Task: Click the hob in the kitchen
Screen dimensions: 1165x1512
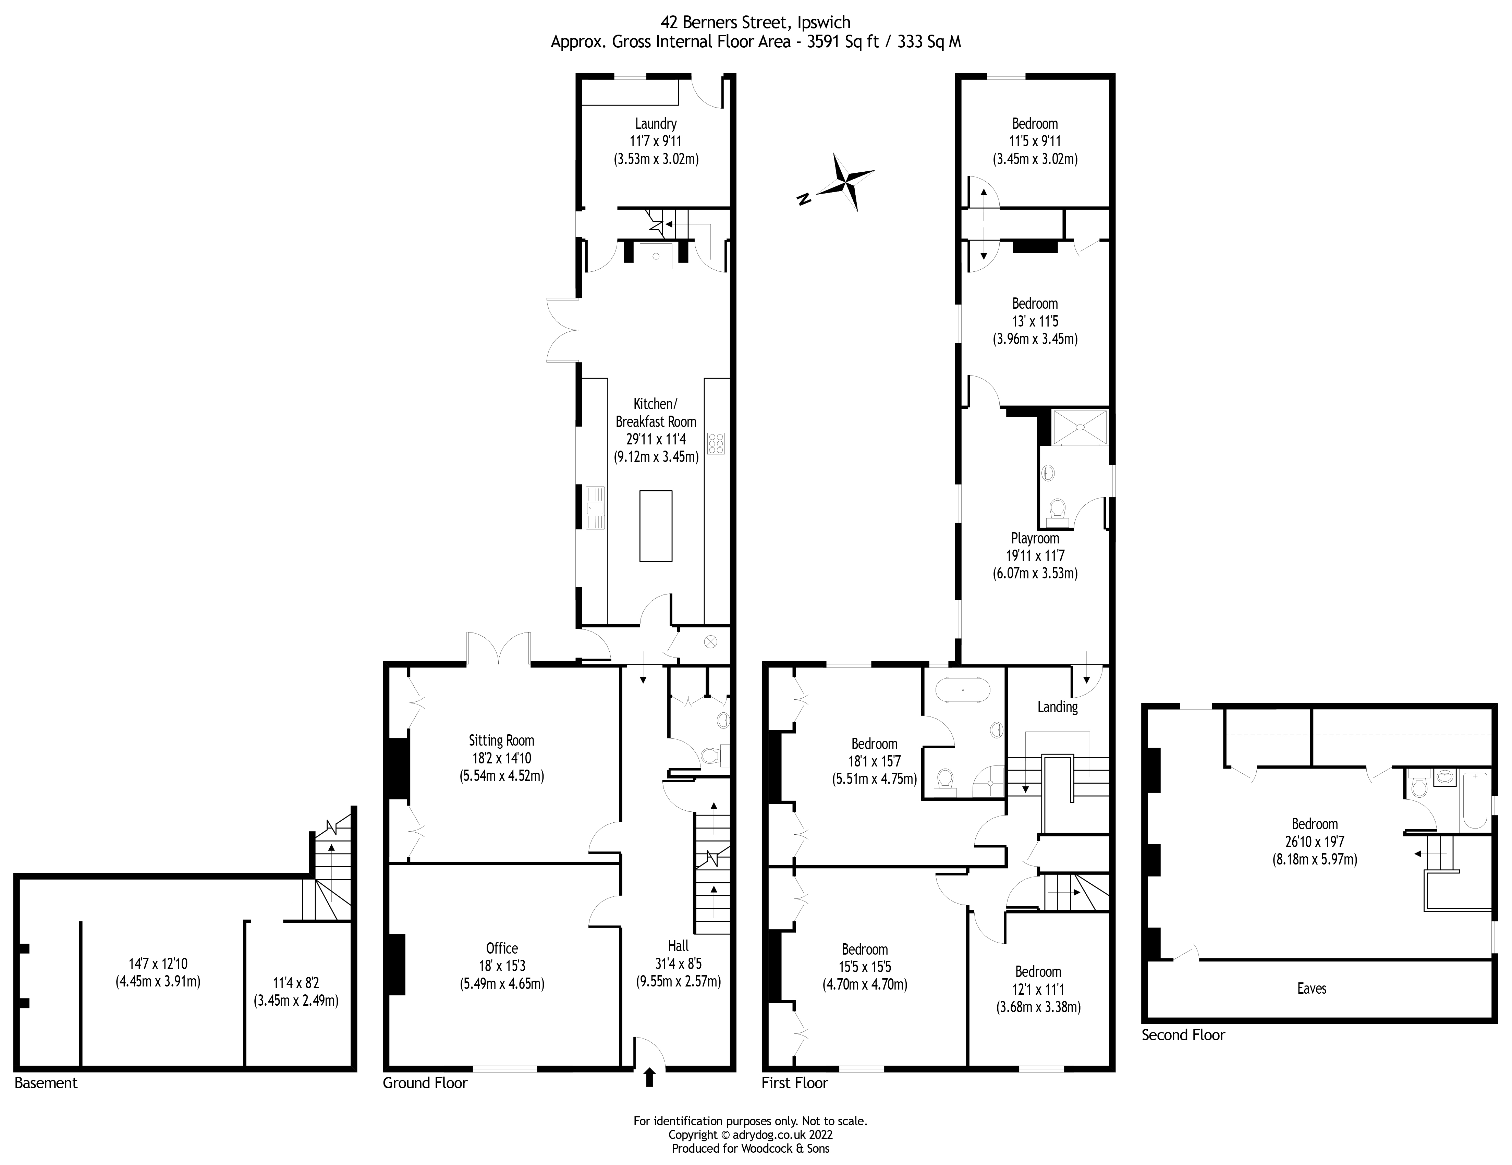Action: [x=716, y=443]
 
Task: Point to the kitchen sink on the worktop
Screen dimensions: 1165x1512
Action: [x=595, y=507]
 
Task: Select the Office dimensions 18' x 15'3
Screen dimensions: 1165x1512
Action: [x=502, y=966]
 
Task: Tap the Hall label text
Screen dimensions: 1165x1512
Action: [x=679, y=946]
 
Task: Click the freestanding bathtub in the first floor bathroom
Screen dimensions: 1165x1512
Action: [x=962, y=691]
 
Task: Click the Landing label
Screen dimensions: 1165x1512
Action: [x=1057, y=707]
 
